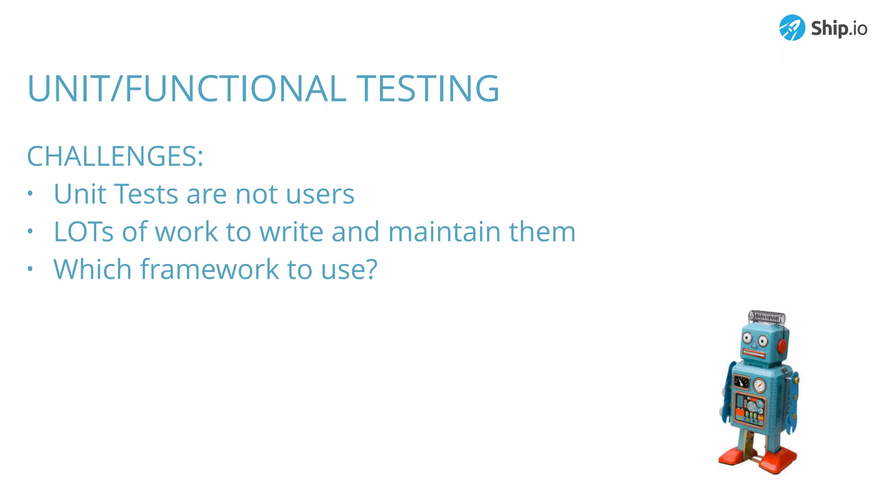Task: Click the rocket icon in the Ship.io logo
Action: (x=792, y=28)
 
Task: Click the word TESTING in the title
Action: (x=428, y=88)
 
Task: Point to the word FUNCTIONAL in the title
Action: (x=235, y=88)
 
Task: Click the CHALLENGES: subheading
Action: (x=115, y=156)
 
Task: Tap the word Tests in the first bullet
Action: (x=146, y=194)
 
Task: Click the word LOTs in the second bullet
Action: (x=83, y=232)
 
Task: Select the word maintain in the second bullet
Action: (x=445, y=232)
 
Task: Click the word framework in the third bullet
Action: (x=210, y=269)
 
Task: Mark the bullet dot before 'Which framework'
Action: (x=30, y=269)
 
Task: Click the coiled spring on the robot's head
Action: (x=767, y=317)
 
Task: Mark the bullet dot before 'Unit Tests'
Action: (x=30, y=194)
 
